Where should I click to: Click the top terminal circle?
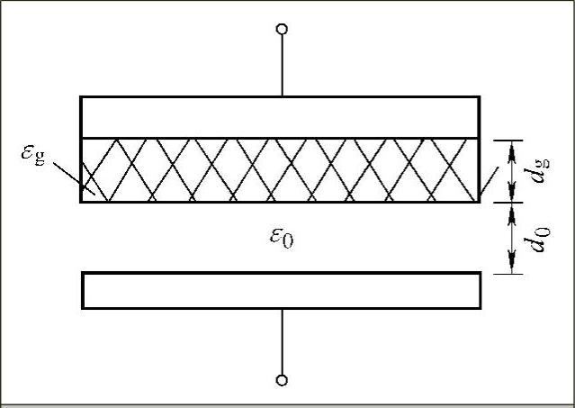click(283, 30)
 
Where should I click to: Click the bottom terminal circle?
click(283, 380)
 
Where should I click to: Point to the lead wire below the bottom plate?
click(283, 342)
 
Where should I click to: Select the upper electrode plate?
click(281, 116)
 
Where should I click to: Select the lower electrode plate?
click(281, 290)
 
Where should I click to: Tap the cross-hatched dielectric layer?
click(281, 169)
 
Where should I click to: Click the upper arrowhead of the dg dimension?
click(512, 147)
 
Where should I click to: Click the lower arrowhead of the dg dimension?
click(512, 195)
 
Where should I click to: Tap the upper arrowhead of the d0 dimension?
click(512, 211)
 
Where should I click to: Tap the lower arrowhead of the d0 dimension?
click(512, 265)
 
